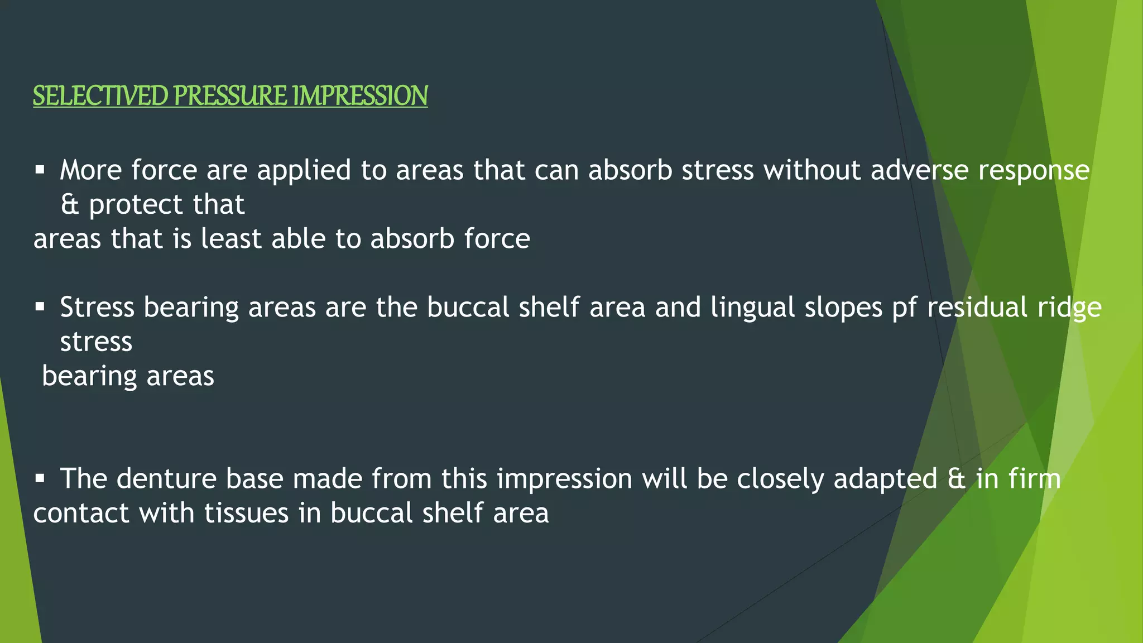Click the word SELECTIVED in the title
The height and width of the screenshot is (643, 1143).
(100, 95)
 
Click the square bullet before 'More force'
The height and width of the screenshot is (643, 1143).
(40, 169)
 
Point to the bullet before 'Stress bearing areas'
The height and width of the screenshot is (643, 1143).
(40, 306)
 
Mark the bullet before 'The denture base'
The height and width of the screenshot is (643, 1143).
(40, 478)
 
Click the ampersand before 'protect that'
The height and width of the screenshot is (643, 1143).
(70, 205)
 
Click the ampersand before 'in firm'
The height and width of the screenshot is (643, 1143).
(957, 479)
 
